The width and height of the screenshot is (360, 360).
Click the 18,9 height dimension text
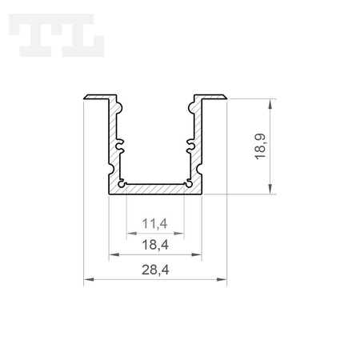pyautogui.click(x=260, y=146)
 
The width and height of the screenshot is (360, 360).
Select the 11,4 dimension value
pyautogui.click(x=154, y=223)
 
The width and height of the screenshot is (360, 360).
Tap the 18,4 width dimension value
pyautogui.click(x=155, y=245)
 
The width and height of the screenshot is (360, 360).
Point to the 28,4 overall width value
pyautogui.click(x=155, y=270)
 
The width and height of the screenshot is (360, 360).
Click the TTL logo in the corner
pyautogui.click(x=57, y=35)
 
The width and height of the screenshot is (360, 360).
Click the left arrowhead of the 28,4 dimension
pyautogui.click(x=89, y=279)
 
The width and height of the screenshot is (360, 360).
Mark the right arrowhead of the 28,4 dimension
pyautogui.click(x=222, y=279)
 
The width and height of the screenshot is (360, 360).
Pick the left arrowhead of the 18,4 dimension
pyautogui.click(x=114, y=254)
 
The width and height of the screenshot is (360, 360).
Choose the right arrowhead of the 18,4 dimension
pyautogui.click(x=196, y=254)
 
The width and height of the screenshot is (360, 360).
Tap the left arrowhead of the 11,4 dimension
pyautogui.click(x=132, y=234)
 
